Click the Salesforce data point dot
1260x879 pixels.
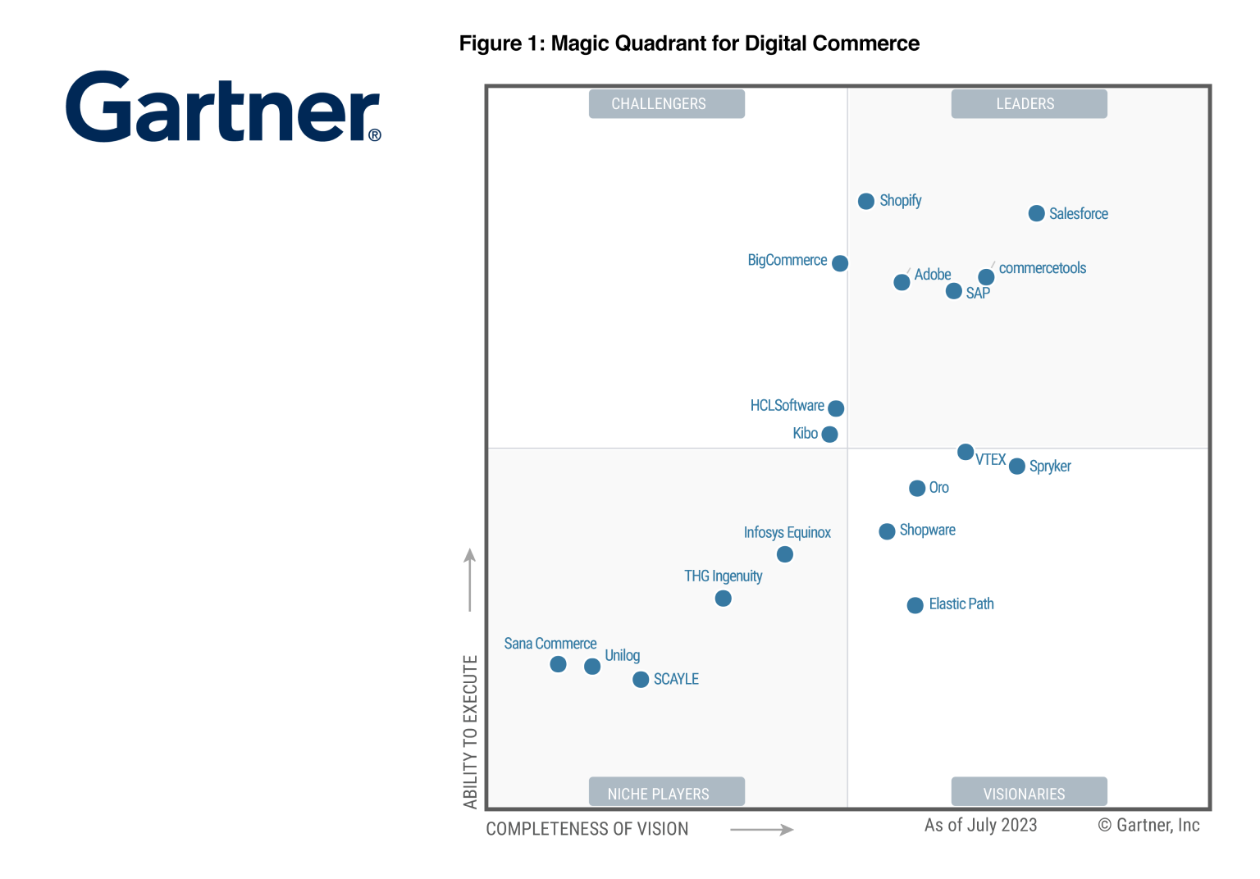[x=1036, y=214]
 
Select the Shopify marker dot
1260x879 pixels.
[x=866, y=202]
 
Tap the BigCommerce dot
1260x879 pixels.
[x=840, y=263]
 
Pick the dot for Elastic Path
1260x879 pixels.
[x=915, y=606]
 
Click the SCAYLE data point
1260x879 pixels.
[x=641, y=680]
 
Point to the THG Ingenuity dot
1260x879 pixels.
[x=723, y=599]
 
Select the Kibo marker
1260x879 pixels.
[x=829, y=435]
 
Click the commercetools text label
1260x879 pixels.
[x=1042, y=268]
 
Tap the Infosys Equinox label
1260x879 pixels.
[x=787, y=533]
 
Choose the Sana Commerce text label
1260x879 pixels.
[x=550, y=644]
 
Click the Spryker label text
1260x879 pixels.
[x=1050, y=467]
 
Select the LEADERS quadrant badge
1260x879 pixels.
[x=1029, y=104]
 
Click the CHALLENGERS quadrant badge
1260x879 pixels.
[x=666, y=104]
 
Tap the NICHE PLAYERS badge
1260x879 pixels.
[x=666, y=793]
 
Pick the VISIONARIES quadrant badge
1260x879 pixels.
[x=1029, y=793]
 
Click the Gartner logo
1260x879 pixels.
[x=223, y=107]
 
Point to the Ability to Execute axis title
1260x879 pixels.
[x=470, y=731]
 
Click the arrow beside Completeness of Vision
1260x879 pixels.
[x=761, y=830]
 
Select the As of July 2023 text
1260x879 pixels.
[x=980, y=826]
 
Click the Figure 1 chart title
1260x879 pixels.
[x=689, y=43]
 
